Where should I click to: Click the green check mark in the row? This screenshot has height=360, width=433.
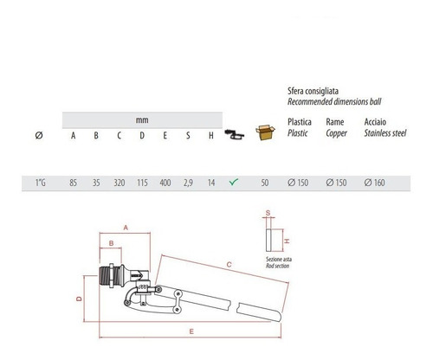(234, 182)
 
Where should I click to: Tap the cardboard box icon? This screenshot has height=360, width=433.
(265, 132)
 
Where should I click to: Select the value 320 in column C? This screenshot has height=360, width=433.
(120, 183)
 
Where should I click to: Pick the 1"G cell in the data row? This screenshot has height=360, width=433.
(41, 183)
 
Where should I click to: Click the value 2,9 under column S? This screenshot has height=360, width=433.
(188, 183)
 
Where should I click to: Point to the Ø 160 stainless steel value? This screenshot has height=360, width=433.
(374, 183)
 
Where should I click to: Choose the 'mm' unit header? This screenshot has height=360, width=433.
(142, 120)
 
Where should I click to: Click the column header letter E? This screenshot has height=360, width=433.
(165, 135)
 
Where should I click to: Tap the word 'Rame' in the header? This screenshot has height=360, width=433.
(335, 122)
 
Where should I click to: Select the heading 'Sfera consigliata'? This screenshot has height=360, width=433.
(313, 91)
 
